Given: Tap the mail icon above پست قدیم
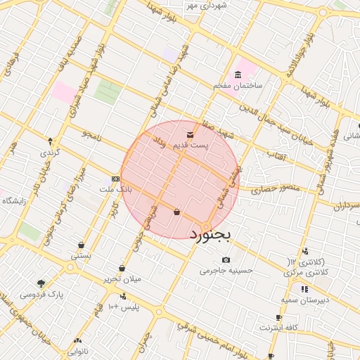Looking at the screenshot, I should click(x=190, y=134).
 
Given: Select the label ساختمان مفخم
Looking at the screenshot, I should click(x=238, y=85).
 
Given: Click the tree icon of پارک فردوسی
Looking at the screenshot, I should click(x=41, y=284).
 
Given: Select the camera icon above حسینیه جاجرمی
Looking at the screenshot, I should click(x=226, y=260).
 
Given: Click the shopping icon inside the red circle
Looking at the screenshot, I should click(x=176, y=211).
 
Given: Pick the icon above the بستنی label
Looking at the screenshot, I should click(x=82, y=245).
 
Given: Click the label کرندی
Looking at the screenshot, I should click(x=50, y=153).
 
